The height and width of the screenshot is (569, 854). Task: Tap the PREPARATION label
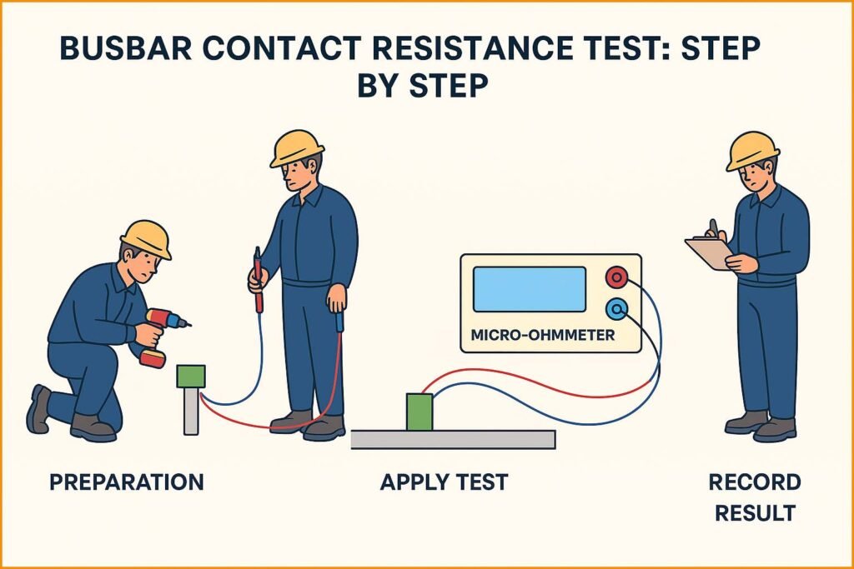point(126,482)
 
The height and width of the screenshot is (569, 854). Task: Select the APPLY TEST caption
point(444,482)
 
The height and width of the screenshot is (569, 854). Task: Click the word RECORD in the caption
point(754,482)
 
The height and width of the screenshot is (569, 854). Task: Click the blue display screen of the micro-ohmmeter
point(529,289)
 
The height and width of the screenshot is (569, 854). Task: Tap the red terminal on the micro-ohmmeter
point(617,277)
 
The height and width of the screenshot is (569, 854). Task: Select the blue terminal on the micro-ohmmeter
point(617,309)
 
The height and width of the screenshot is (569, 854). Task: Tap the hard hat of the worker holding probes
point(296,147)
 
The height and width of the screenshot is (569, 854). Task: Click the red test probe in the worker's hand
point(258,276)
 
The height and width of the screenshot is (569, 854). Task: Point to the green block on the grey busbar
point(419,412)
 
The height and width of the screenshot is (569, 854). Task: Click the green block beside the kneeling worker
point(191,375)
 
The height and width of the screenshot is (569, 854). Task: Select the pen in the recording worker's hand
point(713,228)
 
